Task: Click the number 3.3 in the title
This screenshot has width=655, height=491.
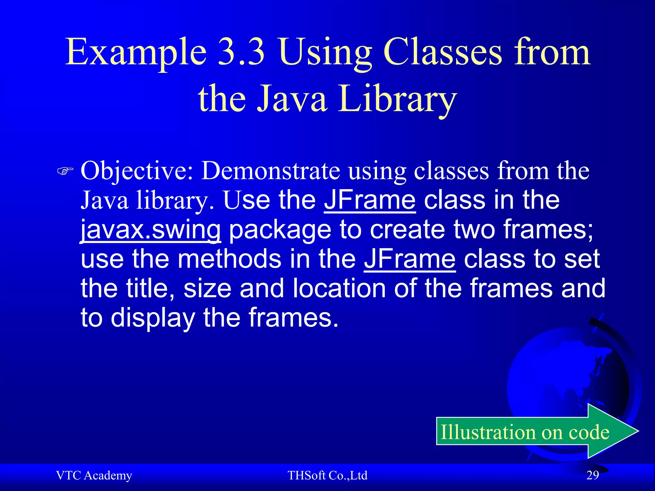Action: (x=241, y=52)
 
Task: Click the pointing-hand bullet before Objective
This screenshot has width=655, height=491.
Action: (x=65, y=171)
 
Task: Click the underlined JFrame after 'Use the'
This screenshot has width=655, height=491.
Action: (x=370, y=200)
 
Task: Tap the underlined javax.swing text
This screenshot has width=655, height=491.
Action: (x=150, y=230)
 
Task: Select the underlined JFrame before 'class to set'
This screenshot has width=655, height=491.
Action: (x=410, y=259)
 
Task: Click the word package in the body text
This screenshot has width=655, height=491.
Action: (x=280, y=230)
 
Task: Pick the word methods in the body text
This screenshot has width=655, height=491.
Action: (x=230, y=259)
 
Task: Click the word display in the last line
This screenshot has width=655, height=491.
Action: (x=153, y=318)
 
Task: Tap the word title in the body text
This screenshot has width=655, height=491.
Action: (x=150, y=288)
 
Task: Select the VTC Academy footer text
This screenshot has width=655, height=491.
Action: (x=94, y=475)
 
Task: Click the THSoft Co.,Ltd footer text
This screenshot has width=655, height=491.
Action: (x=327, y=475)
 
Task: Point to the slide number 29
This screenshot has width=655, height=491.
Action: (x=593, y=475)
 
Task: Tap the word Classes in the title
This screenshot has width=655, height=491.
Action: (x=443, y=52)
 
